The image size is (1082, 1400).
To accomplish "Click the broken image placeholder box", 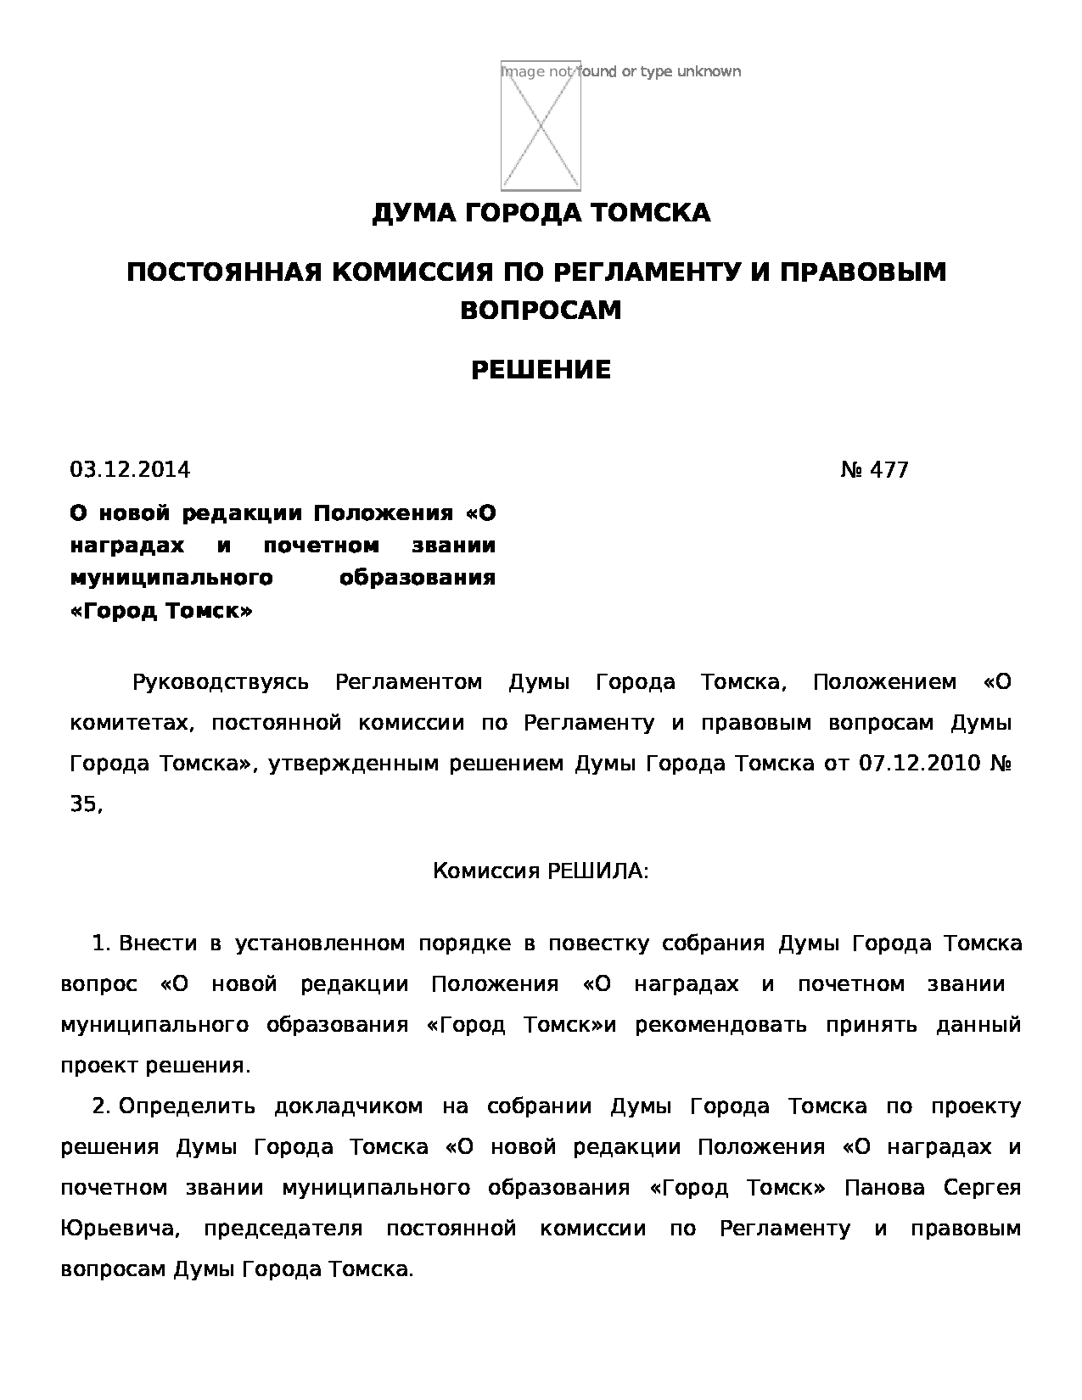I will pyautogui.click(x=541, y=126).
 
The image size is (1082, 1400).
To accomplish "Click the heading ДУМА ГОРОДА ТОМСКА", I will pyautogui.click(x=541, y=213).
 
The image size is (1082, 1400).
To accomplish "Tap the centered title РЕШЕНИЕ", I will pyautogui.click(x=541, y=370).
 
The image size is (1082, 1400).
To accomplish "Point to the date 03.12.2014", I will pyautogui.click(x=130, y=470).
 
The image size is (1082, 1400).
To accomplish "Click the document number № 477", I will pyautogui.click(x=874, y=470).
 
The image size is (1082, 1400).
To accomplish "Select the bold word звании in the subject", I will pyautogui.click(x=453, y=546).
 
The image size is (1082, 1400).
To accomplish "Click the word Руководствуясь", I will pyautogui.click(x=221, y=682).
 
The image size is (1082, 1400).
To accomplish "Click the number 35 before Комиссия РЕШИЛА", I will pyautogui.click(x=84, y=804).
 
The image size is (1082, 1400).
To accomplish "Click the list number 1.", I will pyautogui.click(x=101, y=944).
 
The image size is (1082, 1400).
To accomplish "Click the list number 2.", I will pyautogui.click(x=101, y=1106).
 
